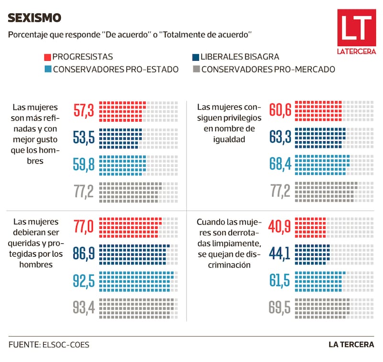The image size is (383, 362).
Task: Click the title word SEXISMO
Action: pyautogui.click(x=34, y=18)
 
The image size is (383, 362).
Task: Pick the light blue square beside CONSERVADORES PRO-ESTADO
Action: pyautogui.click(x=47, y=69)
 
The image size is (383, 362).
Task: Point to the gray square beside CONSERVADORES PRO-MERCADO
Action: pyautogui.click(x=195, y=69)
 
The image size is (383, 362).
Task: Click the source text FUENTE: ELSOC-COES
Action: pyautogui.click(x=42, y=345)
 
